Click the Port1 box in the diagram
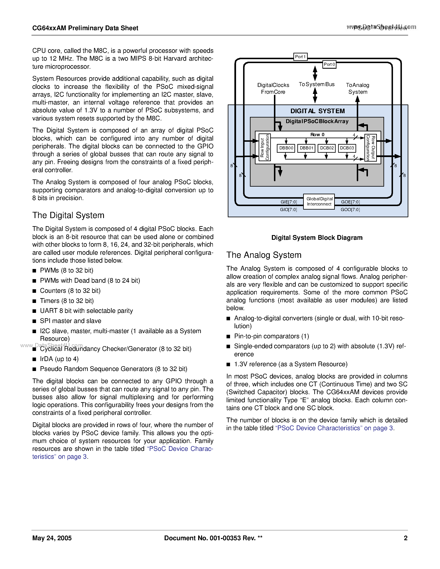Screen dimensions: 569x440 300,56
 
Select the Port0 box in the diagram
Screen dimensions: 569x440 329,64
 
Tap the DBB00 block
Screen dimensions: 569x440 286,148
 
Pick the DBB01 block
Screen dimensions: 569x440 306,148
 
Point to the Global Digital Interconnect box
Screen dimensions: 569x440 319,201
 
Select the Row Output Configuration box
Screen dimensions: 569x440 370,148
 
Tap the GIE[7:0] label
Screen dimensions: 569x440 289,202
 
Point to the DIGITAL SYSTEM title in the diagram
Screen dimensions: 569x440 317,111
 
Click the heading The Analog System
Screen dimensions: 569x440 264,255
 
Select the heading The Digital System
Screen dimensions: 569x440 68,215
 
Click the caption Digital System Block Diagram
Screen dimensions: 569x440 317,238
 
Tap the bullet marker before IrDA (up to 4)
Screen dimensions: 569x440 34,359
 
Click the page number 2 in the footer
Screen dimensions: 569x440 405,538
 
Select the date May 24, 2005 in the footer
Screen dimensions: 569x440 52,538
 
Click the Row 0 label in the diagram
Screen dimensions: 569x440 317,134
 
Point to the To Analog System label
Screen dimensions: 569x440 358,88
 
